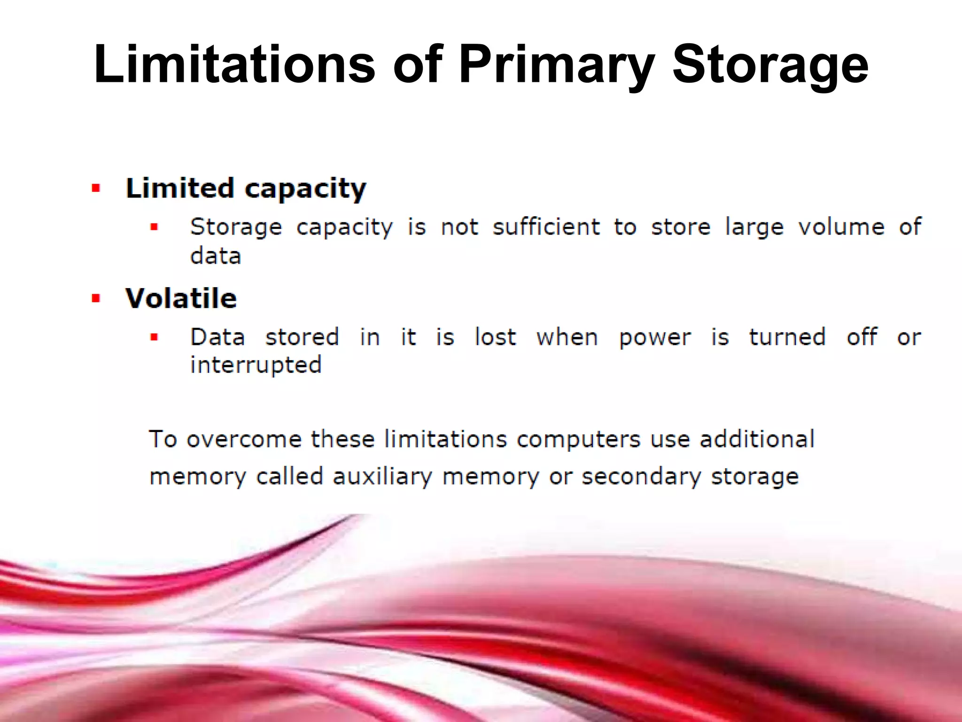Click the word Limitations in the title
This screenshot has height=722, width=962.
point(234,64)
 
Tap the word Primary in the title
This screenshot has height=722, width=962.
point(556,66)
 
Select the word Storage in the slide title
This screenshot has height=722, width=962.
point(770,66)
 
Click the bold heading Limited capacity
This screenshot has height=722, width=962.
point(246,188)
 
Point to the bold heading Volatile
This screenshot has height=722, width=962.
point(181,298)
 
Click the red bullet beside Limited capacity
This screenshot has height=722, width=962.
point(96,189)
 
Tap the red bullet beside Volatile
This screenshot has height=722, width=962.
point(96,298)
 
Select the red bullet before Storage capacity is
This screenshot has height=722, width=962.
point(154,228)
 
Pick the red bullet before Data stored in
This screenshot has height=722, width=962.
point(154,337)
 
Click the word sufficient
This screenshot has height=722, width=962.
point(546,227)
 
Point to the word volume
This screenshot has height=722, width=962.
point(841,227)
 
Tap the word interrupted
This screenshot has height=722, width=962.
point(256,365)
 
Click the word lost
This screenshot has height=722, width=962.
point(495,337)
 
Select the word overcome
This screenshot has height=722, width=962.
point(244,439)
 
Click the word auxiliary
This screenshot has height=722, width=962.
point(382,477)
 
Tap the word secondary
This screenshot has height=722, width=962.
point(641,477)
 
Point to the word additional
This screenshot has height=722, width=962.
point(757,439)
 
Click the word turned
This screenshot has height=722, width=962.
point(787,337)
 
